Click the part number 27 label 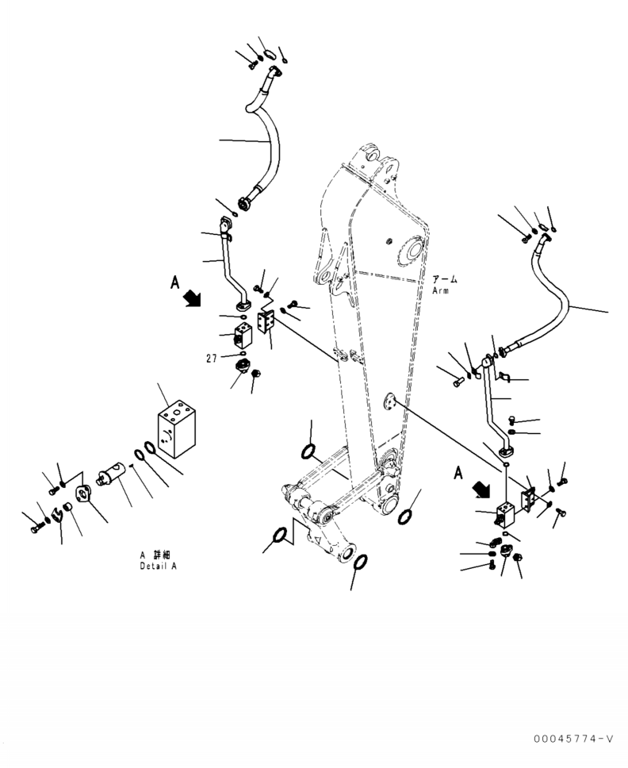(x=212, y=359)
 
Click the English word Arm (x=441, y=290)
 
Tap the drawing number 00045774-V (x=573, y=738)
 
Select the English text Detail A (x=158, y=566)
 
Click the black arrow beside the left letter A (x=192, y=298)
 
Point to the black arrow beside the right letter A (x=481, y=489)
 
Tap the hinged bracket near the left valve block (x=266, y=322)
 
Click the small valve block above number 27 (x=243, y=336)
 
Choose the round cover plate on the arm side (x=389, y=401)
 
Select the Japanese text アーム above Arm (x=445, y=280)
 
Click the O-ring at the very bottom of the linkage (x=360, y=563)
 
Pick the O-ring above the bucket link (x=308, y=451)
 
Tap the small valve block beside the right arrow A (x=504, y=514)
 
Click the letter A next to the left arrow (x=174, y=282)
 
